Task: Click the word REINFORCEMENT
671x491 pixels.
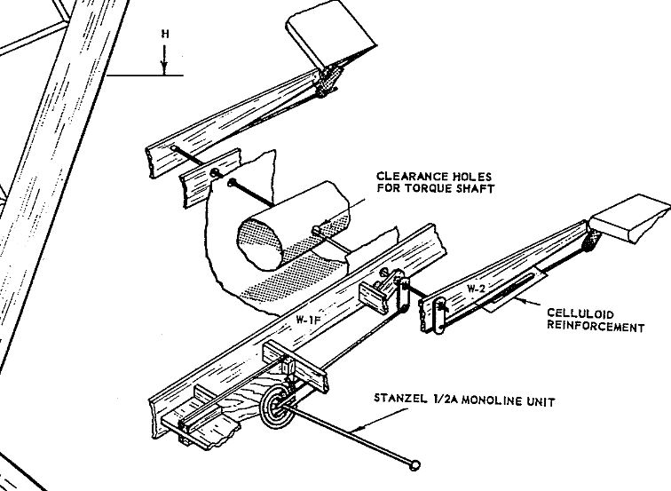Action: click(596, 327)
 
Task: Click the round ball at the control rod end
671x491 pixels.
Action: click(415, 463)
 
